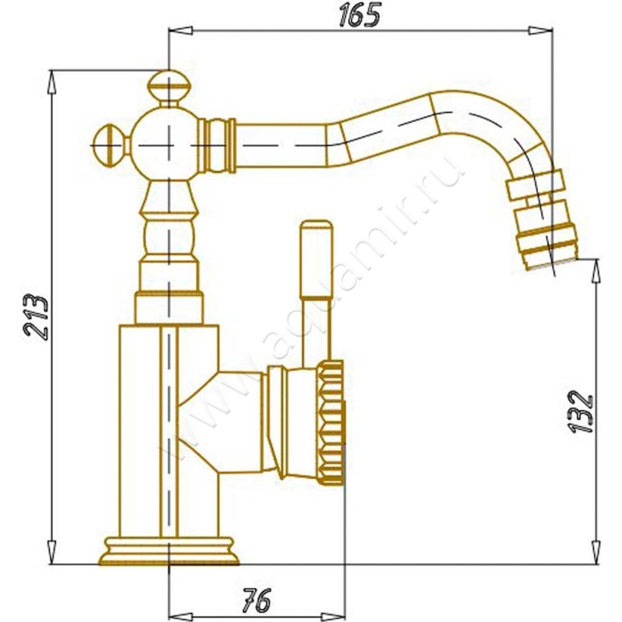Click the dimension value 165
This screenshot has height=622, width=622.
point(359,15)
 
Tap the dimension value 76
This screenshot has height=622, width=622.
point(256,600)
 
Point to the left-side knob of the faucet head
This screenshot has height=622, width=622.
point(109,144)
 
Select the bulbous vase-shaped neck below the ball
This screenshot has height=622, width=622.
point(168,225)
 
